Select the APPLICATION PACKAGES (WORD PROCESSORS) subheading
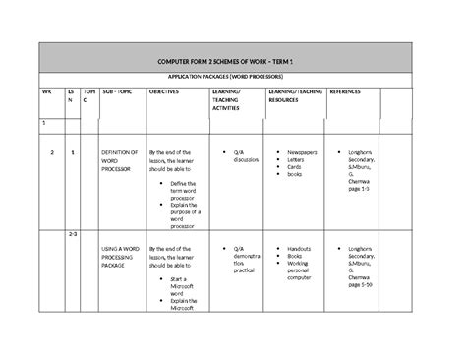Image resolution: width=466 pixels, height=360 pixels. click(233, 76)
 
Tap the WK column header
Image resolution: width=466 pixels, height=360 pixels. click(44, 91)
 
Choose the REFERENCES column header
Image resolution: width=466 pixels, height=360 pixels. click(346, 91)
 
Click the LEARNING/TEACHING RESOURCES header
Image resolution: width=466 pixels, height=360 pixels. click(295, 95)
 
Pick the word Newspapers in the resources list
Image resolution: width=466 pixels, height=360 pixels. click(303, 153)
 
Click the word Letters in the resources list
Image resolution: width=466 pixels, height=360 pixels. click(296, 161)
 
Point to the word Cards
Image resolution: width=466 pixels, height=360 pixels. click(294, 168)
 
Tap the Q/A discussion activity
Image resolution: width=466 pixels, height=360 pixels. click(246, 157)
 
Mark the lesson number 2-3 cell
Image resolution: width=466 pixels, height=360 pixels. click(73, 234)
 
